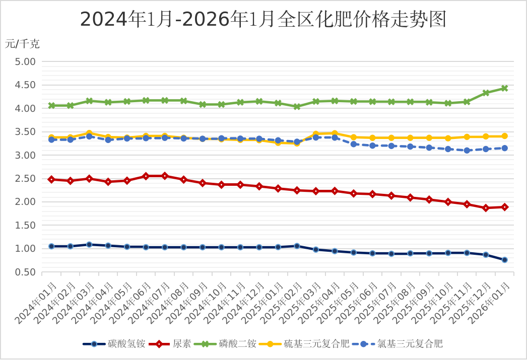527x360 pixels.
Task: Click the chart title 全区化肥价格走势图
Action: (x=263, y=20)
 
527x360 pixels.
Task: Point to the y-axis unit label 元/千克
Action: (x=23, y=44)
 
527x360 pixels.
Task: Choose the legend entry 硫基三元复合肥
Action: (x=316, y=344)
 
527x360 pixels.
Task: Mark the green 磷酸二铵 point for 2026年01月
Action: (x=504, y=88)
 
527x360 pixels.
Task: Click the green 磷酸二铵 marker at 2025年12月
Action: (x=486, y=93)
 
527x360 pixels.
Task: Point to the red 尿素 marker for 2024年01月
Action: (x=51, y=179)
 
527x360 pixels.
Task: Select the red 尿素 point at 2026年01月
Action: (x=504, y=207)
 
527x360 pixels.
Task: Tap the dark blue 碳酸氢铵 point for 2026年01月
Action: (x=504, y=260)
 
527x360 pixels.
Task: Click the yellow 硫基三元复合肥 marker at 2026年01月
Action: (x=504, y=136)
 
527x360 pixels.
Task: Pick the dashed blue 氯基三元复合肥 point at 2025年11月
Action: (x=467, y=150)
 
